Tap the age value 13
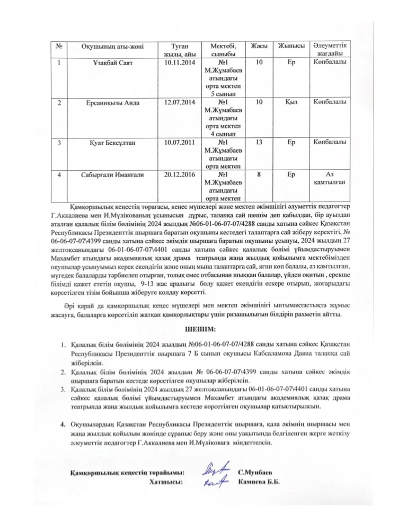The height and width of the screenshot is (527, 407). (259, 142)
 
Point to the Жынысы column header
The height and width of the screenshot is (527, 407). (291, 46)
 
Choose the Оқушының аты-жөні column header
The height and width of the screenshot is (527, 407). (112, 47)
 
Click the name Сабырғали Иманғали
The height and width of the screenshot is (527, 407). (112, 174)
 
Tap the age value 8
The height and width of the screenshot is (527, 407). (259, 174)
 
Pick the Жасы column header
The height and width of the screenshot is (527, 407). (259, 46)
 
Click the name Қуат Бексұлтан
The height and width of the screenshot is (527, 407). (112, 142)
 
